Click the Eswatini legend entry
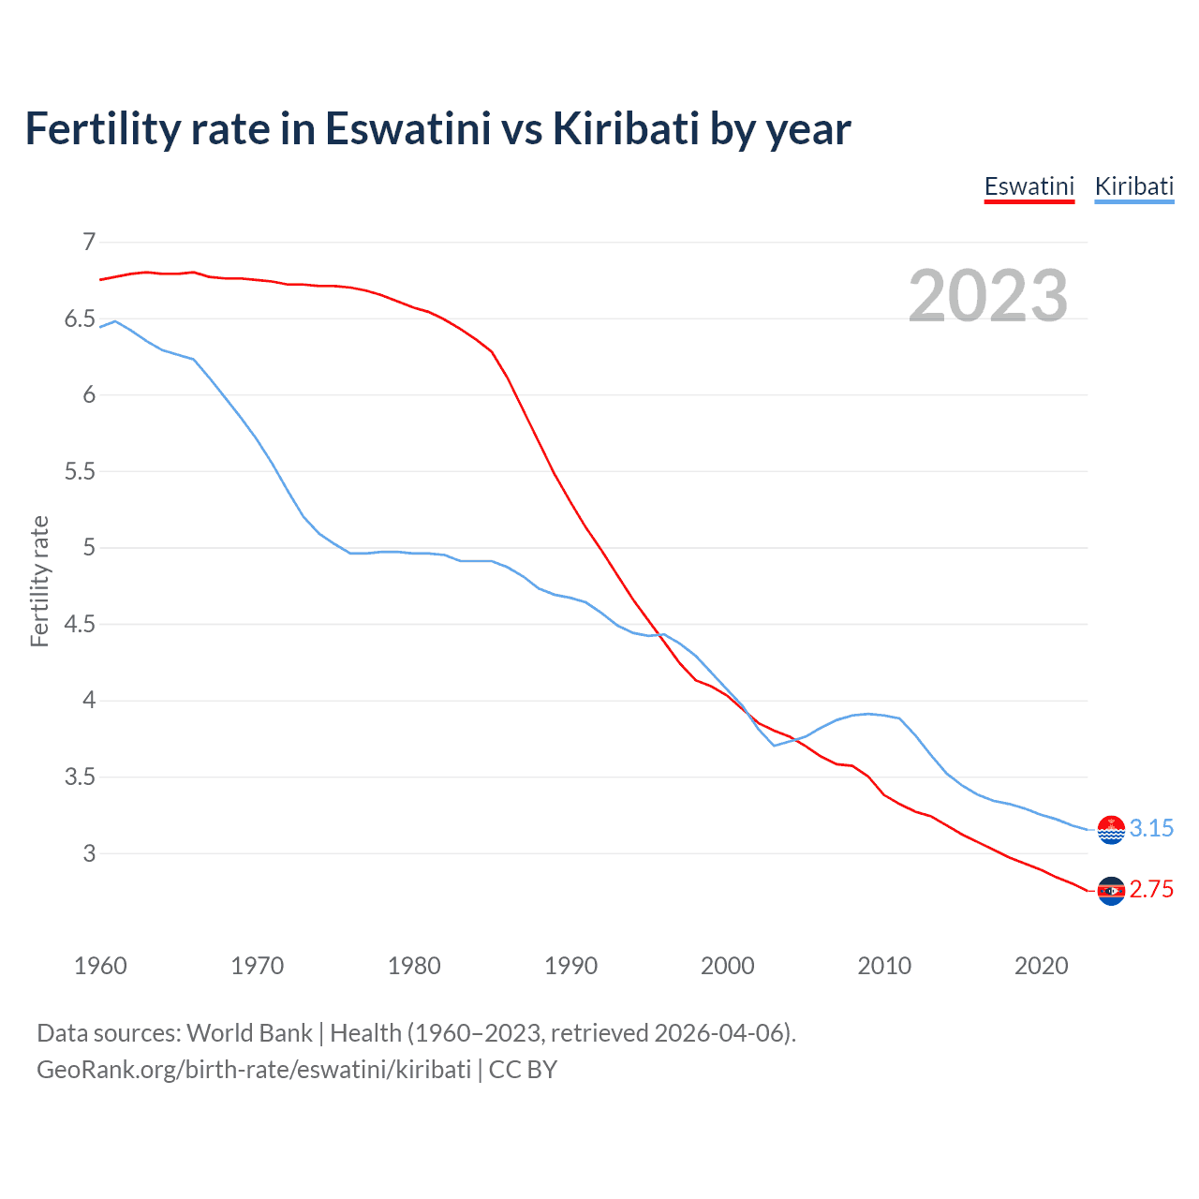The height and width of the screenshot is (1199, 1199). click(1029, 186)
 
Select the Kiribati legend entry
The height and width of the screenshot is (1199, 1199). click(1133, 186)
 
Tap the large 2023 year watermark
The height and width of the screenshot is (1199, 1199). click(988, 296)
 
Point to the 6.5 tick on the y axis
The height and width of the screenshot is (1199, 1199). click(80, 319)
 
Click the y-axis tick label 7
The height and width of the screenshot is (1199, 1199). click(89, 243)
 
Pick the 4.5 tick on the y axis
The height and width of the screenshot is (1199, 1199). click(80, 624)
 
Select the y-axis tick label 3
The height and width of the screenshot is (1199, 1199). click(89, 853)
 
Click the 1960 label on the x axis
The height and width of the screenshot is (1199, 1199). click(100, 966)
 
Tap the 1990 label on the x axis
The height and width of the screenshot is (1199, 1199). click(570, 966)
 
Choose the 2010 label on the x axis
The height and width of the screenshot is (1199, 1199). click(884, 966)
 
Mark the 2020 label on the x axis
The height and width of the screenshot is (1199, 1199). click(1041, 966)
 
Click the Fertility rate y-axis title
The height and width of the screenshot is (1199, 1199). click(39, 581)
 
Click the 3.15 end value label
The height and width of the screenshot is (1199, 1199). click(1151, 829)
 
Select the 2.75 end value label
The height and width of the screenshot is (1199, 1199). click(1151, 890)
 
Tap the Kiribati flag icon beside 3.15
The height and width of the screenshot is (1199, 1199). click(1111, 830)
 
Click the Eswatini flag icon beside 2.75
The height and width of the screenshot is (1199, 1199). click(1111, 891)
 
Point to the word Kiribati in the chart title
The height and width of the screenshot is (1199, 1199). click(626, 128)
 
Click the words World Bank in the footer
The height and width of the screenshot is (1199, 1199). click(249, 1033)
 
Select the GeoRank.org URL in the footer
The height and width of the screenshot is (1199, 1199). click(254, 1070)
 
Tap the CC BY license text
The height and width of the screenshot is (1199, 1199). click(523, 1070)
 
